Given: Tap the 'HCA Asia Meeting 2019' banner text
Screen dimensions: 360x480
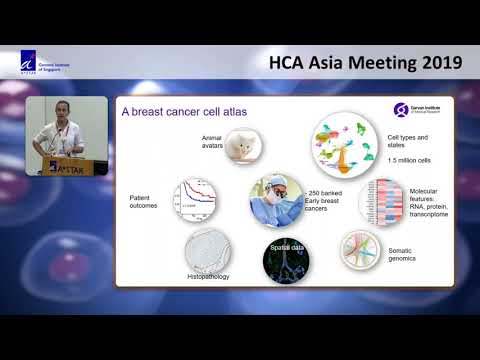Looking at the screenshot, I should [366, 63].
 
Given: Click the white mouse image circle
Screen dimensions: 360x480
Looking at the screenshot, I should [240, 146].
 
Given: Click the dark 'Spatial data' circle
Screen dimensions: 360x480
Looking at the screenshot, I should [284, 257].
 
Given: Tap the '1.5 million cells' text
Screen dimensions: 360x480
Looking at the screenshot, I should [409, 161].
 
